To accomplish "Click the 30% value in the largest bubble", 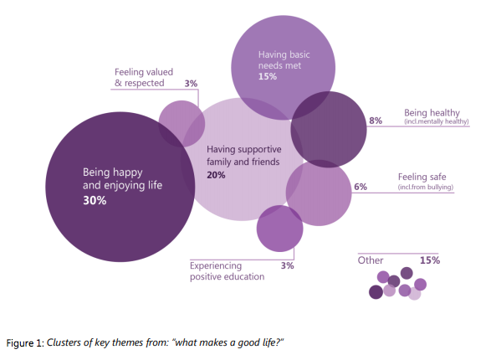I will point(94,201).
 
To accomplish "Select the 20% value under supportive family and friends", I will point(216,175).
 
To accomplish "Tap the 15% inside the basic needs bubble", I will point(268,76).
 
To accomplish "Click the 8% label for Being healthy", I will point(376,121).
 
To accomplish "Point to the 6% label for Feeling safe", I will point(360,187).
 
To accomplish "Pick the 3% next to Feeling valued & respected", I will point(191,84).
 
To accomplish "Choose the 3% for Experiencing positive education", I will point(287,265).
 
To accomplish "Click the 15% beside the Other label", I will point(429,260).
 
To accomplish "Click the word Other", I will point(371,260).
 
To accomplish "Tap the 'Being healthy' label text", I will point(432,112).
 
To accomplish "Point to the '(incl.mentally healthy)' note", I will point(436,122).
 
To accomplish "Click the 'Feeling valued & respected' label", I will point(143,78).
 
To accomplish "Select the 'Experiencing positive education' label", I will point(227,270).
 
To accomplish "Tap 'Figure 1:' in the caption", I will point(24,343).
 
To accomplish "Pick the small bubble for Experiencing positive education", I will point(279,229).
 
